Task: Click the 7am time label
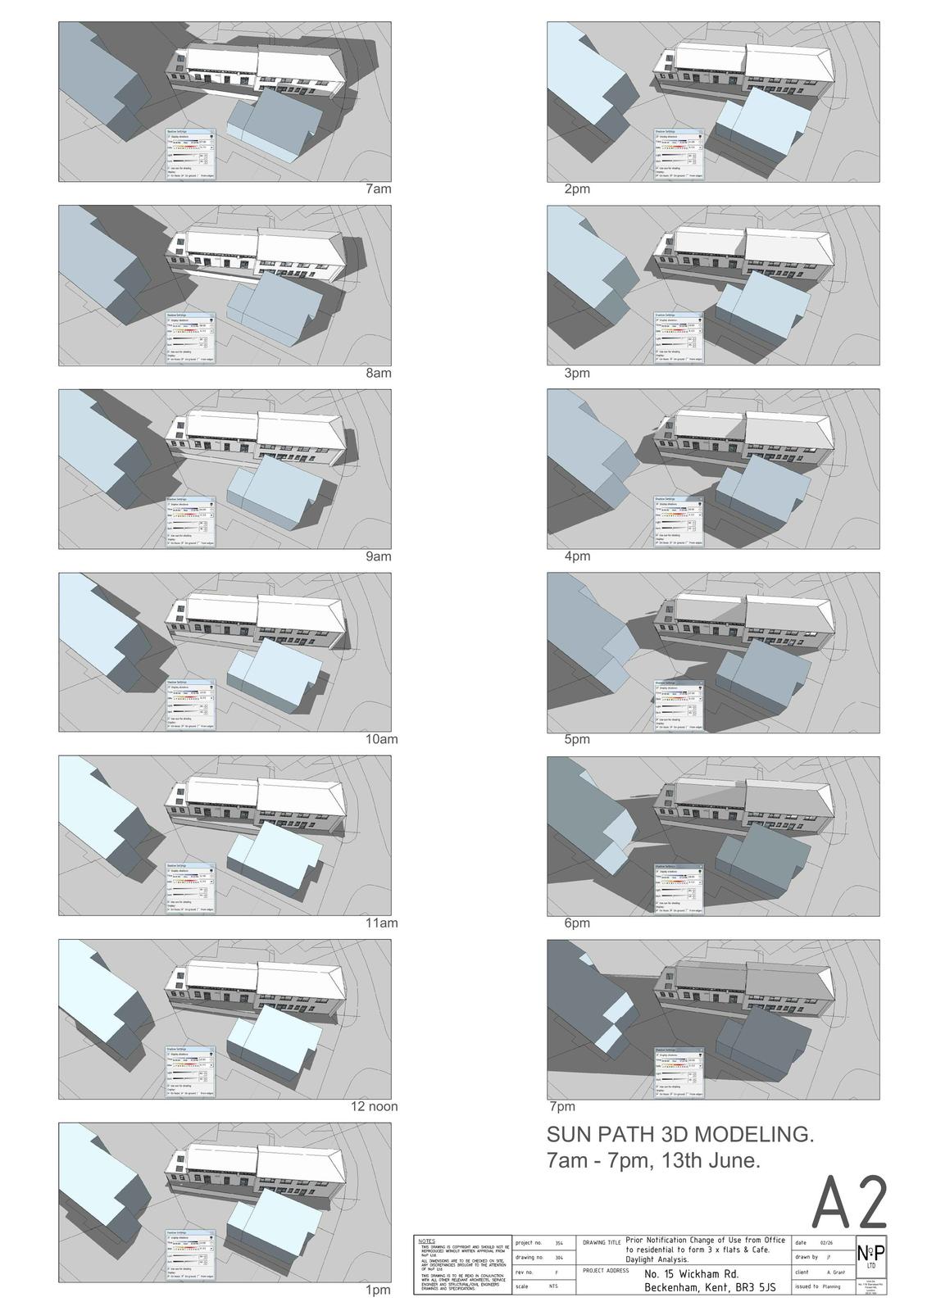378,189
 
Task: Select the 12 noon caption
375,1106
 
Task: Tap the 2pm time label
577,189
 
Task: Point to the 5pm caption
577,739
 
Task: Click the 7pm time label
562,1106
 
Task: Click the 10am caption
381,739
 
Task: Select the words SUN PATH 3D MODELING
680,1135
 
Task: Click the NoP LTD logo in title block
870,1254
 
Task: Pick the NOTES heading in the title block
427,1241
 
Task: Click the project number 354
559,1243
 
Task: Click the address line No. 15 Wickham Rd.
692,1274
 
